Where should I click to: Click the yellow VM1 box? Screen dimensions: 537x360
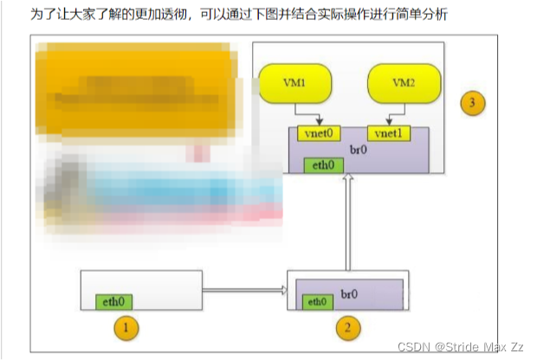(x=294, y=84)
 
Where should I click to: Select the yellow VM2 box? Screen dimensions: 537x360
(x=404, y=84)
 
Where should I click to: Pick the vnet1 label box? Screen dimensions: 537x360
(x=385, y=133)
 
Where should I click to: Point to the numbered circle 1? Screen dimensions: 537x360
(x=126, y=328)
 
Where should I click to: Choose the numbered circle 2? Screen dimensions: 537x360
(x=346, y=328)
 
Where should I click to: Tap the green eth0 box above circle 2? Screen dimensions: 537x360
(x=317, y=301)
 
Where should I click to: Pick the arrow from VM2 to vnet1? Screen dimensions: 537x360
(x=393, y=115)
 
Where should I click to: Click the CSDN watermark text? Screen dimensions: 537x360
(x=460, y=346)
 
